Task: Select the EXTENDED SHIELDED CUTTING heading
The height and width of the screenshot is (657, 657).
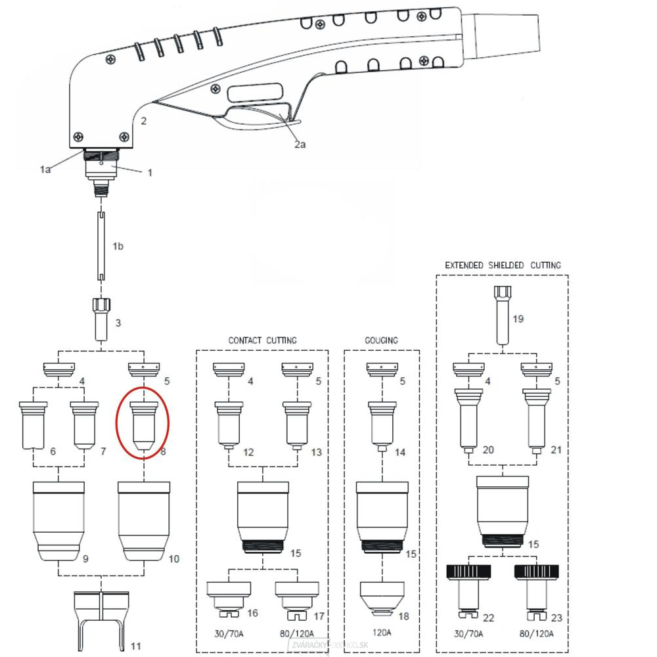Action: click(503, 265)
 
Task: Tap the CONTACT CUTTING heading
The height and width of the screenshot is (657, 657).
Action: click(262, 340)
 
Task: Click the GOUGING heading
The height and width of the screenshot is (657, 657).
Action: click(381, 340)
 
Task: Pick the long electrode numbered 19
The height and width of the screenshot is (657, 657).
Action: click(503, 315)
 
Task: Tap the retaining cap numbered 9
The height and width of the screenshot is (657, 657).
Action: click(58, 520)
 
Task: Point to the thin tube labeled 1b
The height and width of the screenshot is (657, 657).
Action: click(102, 246)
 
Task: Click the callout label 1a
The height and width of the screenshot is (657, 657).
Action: click(44, 170)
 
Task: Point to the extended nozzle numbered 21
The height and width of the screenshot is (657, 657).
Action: click(536, 420)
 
